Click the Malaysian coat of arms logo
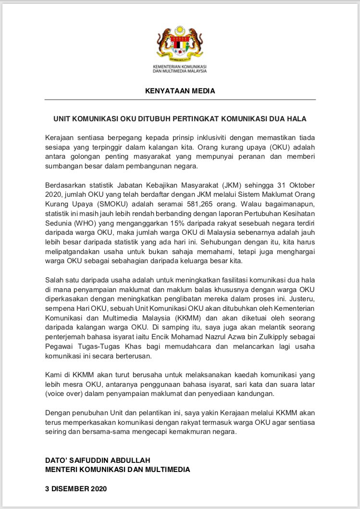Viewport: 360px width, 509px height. [180, 45]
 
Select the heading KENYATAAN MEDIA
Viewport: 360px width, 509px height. [180, 90]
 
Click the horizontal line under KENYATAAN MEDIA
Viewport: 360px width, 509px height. [180, 99]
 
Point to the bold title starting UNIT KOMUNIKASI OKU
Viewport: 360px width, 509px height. [180, 118]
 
